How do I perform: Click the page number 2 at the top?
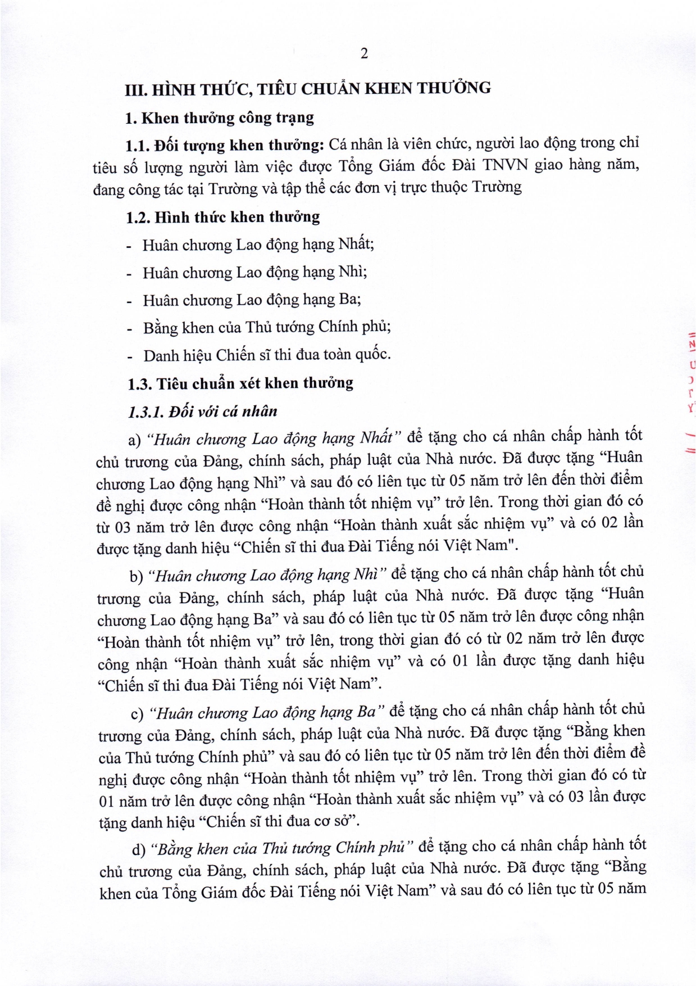[364, 54]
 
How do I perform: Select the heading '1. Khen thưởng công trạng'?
[220, 118]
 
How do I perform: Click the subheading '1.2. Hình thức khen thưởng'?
[223, 217]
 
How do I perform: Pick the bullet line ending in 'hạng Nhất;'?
[258, 245]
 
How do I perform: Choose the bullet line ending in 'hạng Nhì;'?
[254, 273]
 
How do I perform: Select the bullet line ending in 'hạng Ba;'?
[252, 300]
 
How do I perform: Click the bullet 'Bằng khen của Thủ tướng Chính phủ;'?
[267, 327]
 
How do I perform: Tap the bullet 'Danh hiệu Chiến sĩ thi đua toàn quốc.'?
[267, 355]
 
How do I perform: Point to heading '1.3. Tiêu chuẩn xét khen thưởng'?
[240, 384]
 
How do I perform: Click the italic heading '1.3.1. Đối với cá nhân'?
[203, 412]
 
